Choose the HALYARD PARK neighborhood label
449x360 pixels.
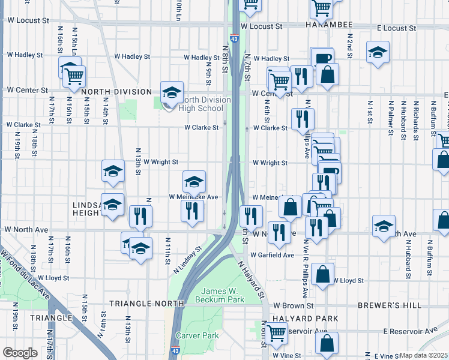(302, 318)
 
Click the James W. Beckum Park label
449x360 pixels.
(222, 295)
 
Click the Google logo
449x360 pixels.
(20, 352)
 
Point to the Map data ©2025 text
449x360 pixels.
(424, 355)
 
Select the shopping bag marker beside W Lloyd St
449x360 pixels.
(323, 274)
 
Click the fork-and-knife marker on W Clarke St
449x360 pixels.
(301, 118)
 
